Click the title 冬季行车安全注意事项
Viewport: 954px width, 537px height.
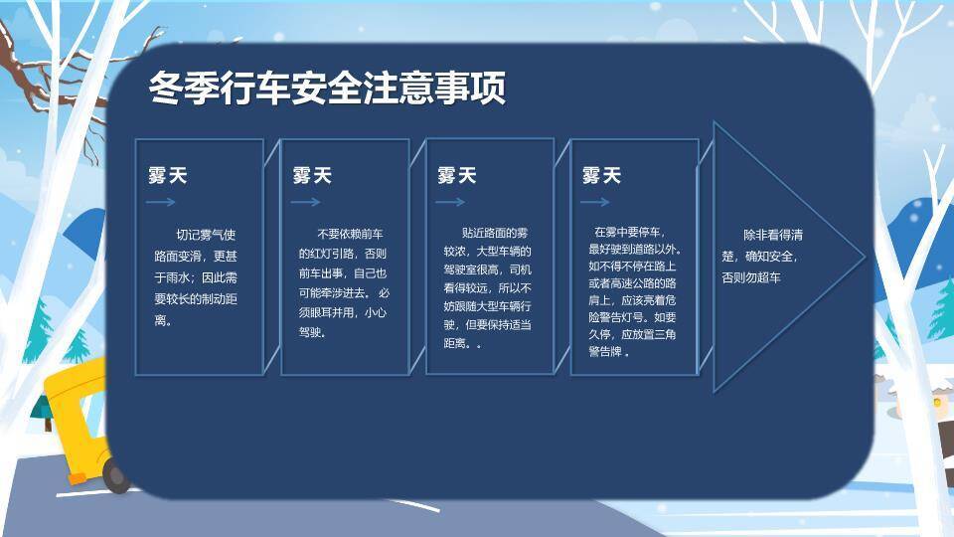coord(327,88)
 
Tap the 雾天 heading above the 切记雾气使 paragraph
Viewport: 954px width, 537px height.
coord(167,176)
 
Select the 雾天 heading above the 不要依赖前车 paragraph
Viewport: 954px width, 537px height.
coord(312,176)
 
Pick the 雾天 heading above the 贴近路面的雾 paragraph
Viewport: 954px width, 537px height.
coord(457,176)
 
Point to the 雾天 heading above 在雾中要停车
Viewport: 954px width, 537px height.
coord(601,176)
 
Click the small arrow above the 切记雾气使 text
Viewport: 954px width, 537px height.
coord(160,202)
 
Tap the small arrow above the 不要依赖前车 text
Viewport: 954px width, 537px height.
coord(305,202)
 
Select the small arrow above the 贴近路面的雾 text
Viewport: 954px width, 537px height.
coord(450,202)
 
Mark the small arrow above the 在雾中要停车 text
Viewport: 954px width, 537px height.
coord(595,202)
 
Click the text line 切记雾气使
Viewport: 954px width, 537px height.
coord(206,236)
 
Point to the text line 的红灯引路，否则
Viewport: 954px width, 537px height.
coord(343,254)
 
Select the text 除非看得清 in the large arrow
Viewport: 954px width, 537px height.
coord(773,236)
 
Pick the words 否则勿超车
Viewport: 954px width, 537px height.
coord(751,278)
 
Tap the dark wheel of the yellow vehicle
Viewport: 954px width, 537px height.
coord(116,476)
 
